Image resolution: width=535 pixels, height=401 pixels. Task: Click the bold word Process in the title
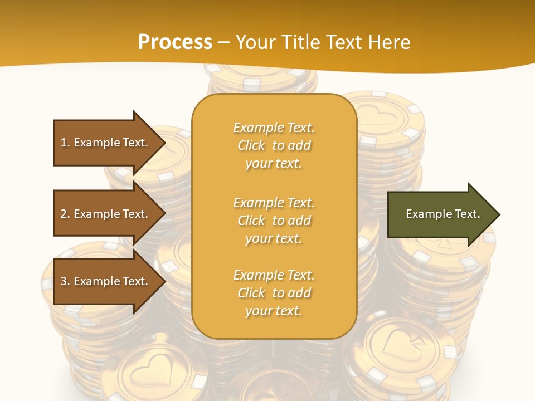coord(175,42)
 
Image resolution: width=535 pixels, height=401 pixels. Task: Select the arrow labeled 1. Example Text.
coord(106,143)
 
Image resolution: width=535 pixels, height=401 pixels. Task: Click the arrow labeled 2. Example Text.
coord(106,214)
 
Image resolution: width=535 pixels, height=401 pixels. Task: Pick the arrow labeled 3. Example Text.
coord(106,281)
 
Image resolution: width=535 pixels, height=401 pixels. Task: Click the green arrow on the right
coord(440,214)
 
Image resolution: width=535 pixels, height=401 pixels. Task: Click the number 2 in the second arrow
coord(64,214)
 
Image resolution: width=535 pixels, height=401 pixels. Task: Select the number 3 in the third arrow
coord(64,281)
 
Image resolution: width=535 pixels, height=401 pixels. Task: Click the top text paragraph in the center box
coord(274,145)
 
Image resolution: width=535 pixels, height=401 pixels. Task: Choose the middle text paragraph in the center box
coord(274,220)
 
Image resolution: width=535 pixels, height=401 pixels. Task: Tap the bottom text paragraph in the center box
coord(274,293)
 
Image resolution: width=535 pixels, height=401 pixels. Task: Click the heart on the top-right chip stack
coord(377,116)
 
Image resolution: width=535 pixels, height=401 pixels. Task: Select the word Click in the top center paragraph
coord(251,145)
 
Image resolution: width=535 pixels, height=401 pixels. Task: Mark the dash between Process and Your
coord(223,42)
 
